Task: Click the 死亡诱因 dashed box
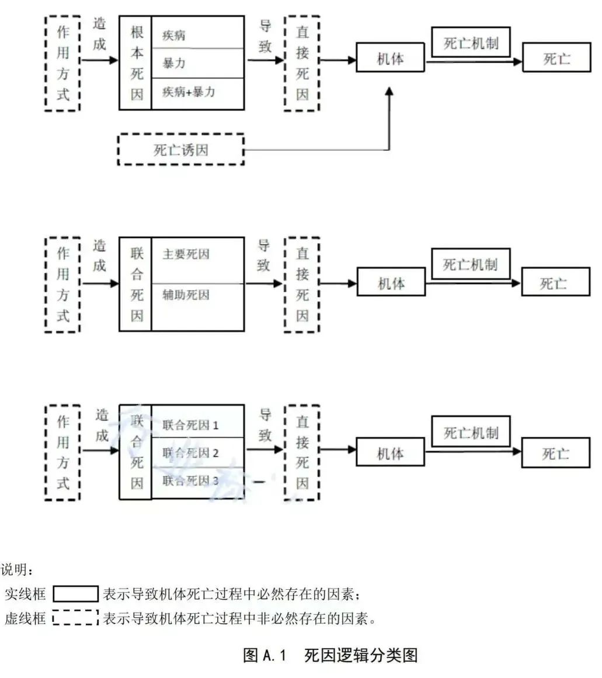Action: coord(181,150)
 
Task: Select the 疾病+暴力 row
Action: coord(197,92)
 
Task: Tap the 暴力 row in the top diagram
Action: coord(197,63)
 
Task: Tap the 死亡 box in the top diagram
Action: coord(556,59)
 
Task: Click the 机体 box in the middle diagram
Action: coord(391,284)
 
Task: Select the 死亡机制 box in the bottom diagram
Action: coord(471,433)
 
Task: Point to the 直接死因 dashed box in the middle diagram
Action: coord(302,285)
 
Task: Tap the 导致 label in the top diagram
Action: coord(266,37)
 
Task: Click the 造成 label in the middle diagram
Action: coord(100,256)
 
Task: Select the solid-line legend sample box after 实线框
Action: coord(76,595)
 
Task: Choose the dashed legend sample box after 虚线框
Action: coord(75,618)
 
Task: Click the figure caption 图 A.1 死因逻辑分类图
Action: coord(330,655)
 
